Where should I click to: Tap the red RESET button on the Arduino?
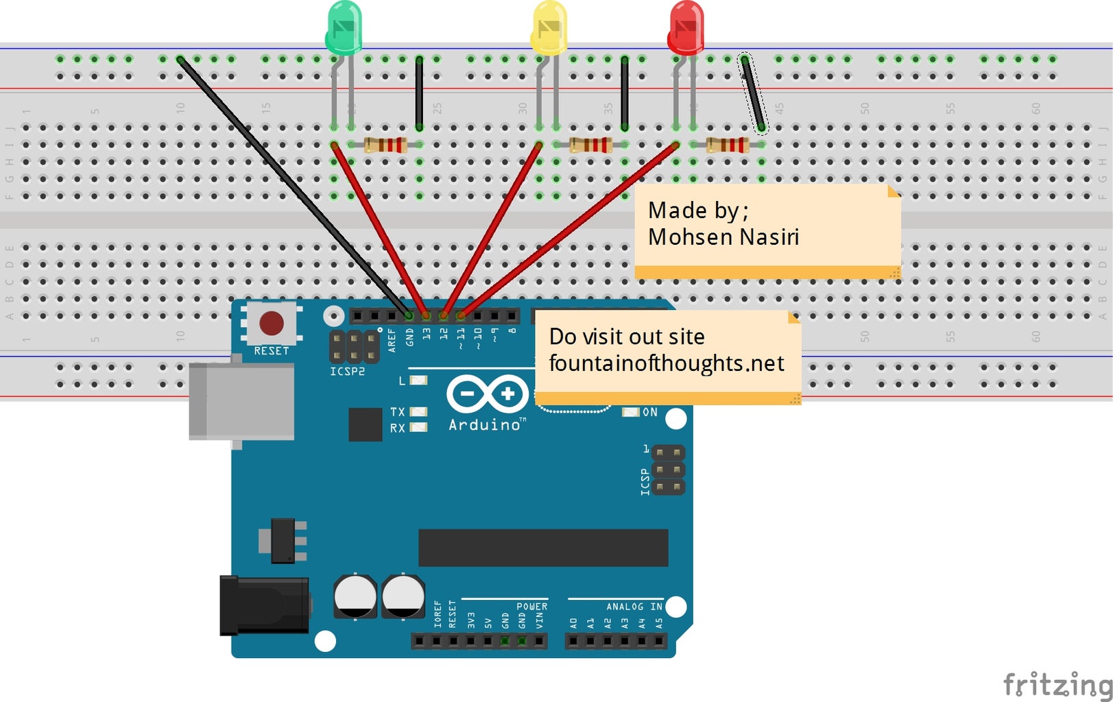pyautogui.click(x=272, y=323)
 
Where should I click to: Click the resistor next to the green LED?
pyautogui.click(x=385, y=145)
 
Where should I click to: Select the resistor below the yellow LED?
pyautogui.click(x=590, y=145)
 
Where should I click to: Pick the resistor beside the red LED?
pyautogui.click(x=728, y=145)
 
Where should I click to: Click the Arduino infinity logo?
pyautogui.click(x=488, y=394)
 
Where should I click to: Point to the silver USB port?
pyautogui.click(x=241, y=401)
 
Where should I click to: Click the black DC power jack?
pyautogui.click(x=264, y=605)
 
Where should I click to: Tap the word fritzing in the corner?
pyautogui.click(x=1057, y=684)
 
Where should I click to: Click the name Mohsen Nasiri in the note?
pyautogui.click(x=723, y=237)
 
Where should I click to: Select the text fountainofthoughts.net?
pyautogui.click(x=666, y=363)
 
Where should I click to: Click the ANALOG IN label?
pyautogui.click(x=634, y=607)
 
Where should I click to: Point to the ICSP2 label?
pyautogui.click(x=347, y=372)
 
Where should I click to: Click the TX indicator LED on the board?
pyautogui.click(x=418, y=412)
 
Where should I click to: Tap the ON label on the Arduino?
pyautogui.click(x=649, y=412)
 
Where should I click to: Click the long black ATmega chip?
pyautogui.click(x=543, y=547)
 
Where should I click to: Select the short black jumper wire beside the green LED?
pyautogui.click(x=419, y=94)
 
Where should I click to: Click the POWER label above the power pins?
pyautogui.click(x=531, y=607)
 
